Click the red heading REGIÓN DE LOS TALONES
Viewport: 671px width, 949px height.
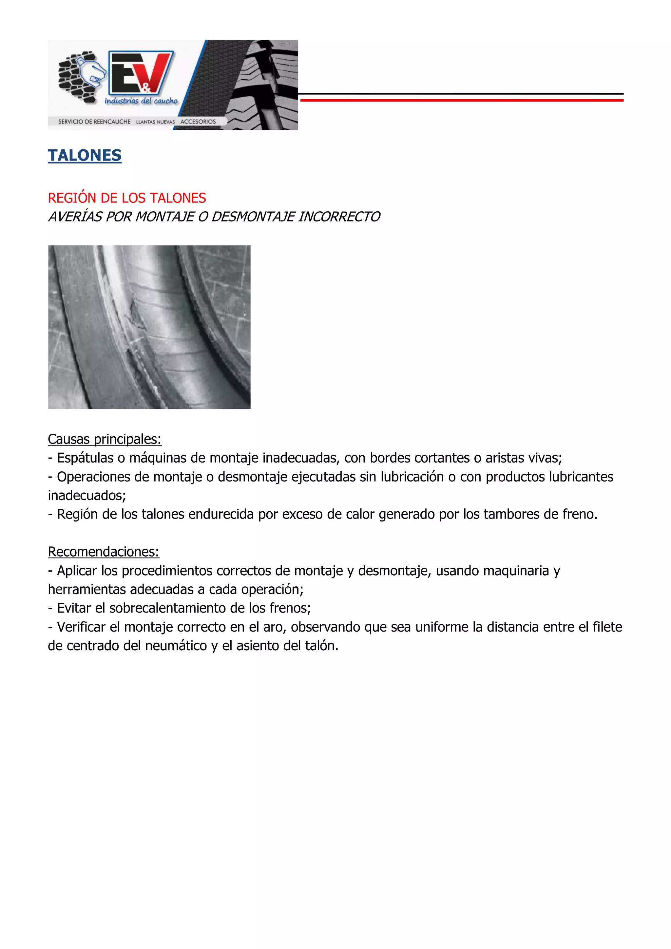tap(126, 198)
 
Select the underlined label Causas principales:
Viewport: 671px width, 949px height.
tap(104, 439)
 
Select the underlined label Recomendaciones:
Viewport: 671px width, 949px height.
tap(103, 552)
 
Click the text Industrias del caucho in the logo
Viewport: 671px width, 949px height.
tap(141, 101)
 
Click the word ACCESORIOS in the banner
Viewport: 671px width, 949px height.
tap(198, 122)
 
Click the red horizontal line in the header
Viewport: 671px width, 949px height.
tap(461, 100)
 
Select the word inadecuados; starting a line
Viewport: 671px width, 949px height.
tap(87, 495)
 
